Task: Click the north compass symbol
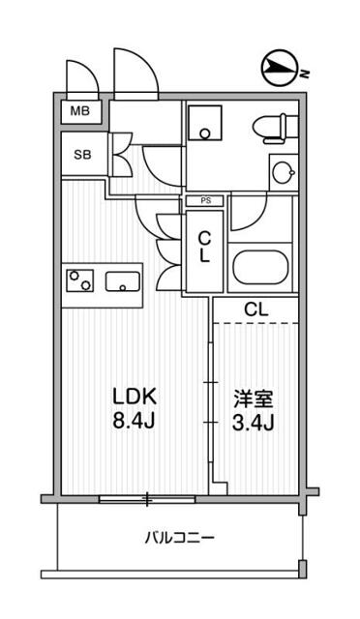[x=281, y=68]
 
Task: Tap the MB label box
[x=79, y=111]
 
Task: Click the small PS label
[x=205, y=201]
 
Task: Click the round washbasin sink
[x=283, y=172]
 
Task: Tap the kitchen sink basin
[x=122, y=283]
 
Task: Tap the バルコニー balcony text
[x=180, y=537]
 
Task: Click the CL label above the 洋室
[x=256, y=310]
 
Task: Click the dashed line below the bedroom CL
[x=256, y=324]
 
